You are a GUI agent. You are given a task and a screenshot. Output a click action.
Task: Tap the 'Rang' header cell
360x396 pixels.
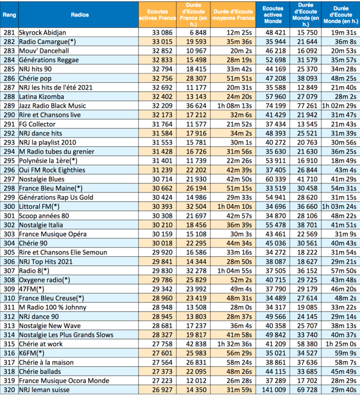pos(9,15)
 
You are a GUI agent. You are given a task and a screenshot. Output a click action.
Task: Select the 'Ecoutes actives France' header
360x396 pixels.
pos(157,15)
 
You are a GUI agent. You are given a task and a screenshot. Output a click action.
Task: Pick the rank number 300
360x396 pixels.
pos(9,206)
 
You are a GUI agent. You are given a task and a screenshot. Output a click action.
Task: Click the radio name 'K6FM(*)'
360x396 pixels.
pos(32,353)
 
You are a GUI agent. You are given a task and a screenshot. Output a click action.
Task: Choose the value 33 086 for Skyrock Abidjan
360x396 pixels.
pos(157,32)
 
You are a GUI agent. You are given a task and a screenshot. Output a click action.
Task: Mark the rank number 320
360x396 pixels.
pos(9,389)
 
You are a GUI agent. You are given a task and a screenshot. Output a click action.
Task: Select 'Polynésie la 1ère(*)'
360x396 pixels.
pos(48,160)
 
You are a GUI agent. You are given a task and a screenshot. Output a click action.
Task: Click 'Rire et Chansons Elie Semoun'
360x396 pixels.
pos(63,252)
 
